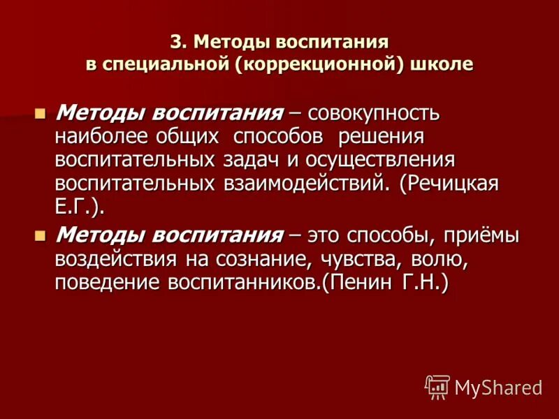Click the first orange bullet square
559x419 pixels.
click(x=40, y=112)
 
